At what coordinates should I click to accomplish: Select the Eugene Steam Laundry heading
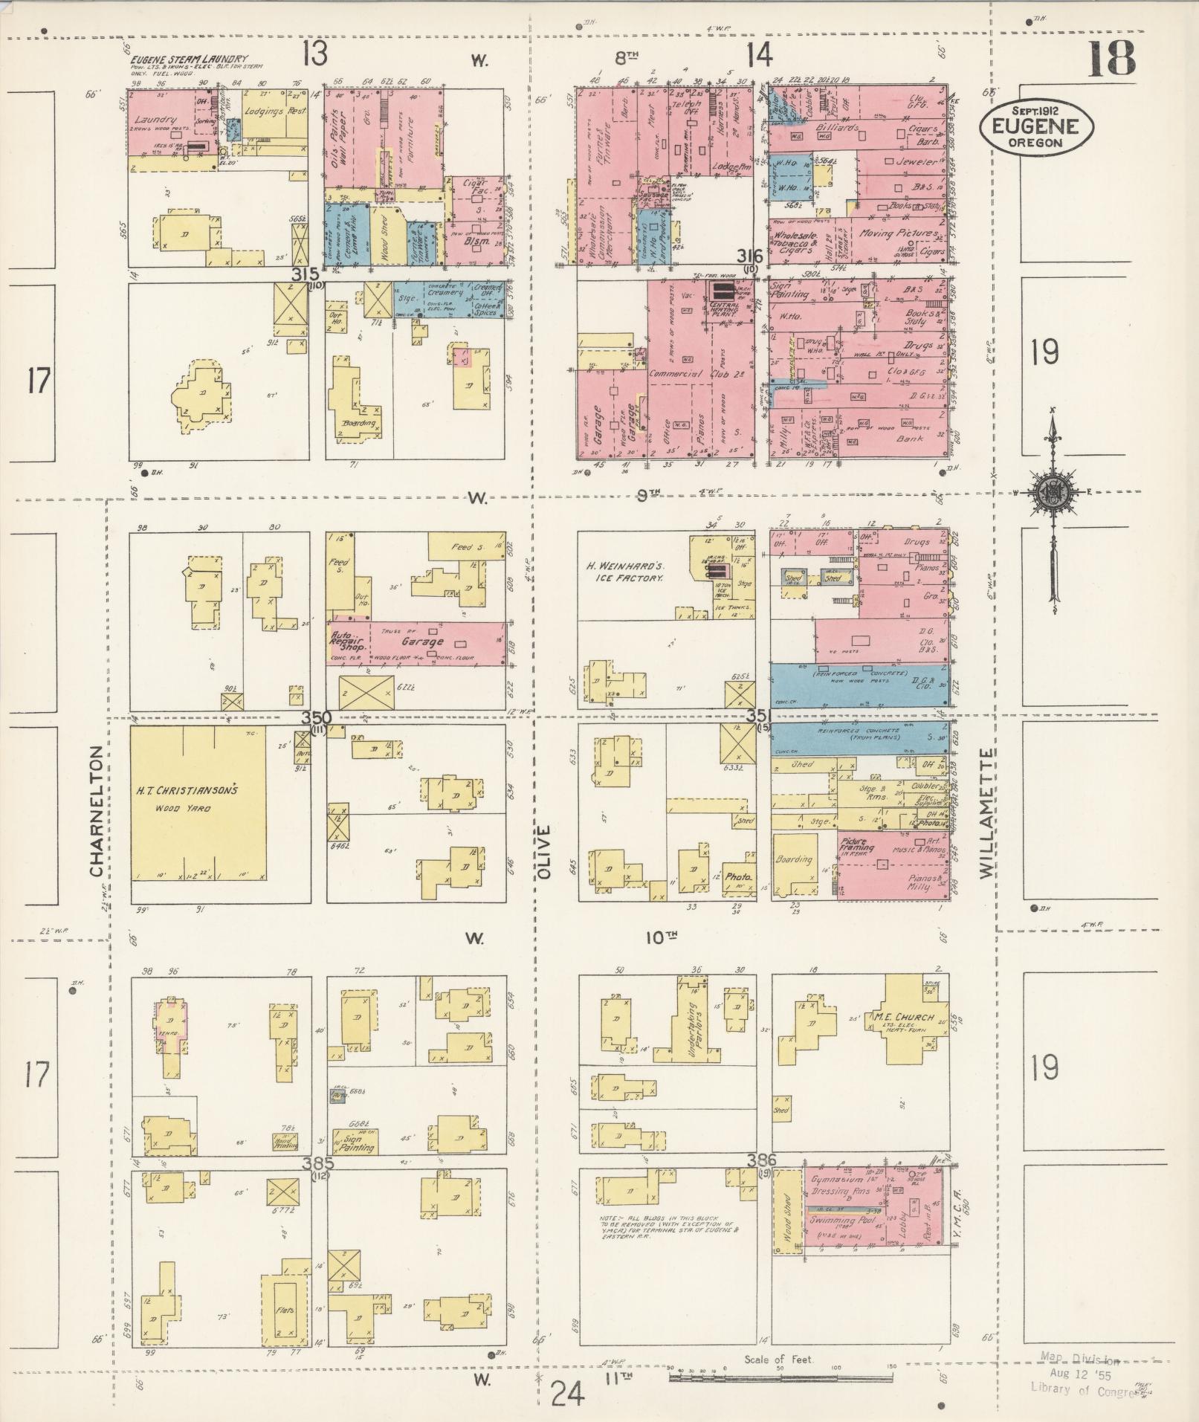click(x=190, y=59)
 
